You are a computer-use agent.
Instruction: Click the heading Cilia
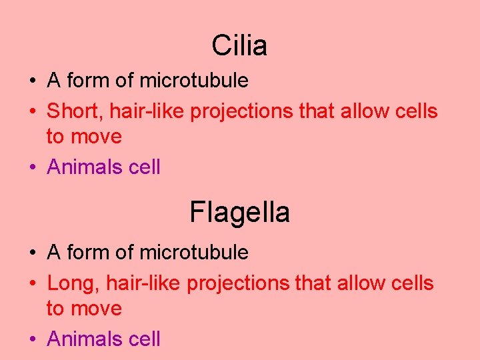(239, 45)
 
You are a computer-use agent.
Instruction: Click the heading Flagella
(239, 213)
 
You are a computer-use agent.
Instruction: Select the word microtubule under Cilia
(194, 81)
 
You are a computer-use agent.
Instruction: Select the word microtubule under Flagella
(194, 253)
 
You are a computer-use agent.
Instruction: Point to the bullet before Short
(33, 112)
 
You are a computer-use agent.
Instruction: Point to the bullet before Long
(33, 284)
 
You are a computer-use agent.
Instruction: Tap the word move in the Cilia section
(97, 137)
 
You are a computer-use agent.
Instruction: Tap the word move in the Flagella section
(97, 309)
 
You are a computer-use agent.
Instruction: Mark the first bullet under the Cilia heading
(33, 81)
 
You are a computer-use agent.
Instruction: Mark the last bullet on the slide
(33, 339)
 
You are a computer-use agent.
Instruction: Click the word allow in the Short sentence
(363, 111)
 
